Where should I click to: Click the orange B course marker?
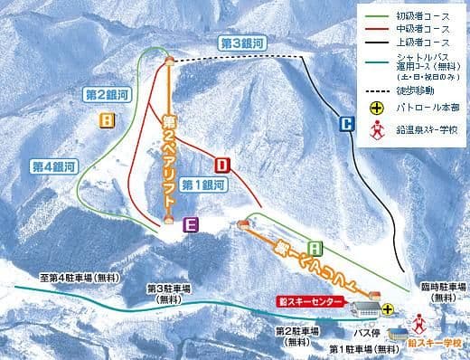108,119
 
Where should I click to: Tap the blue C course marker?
346,125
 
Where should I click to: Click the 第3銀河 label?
241,43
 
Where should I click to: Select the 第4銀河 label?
52,166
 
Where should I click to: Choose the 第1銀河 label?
202,185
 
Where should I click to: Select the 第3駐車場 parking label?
167,293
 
